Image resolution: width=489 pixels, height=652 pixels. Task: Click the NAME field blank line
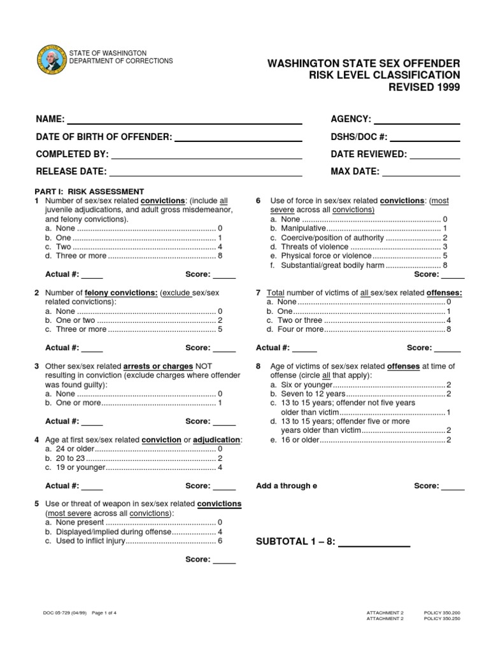pos(184,122)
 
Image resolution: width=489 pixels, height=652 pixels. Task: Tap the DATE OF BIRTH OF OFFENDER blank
pos(237,139)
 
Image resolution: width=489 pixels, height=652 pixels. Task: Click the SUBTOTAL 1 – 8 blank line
pos(373,546)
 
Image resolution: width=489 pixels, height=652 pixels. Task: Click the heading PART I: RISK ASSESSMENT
pos(89,191)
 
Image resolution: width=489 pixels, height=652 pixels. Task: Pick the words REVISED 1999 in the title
pos(424,87)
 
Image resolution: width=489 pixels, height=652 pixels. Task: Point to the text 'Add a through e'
pos(287,486)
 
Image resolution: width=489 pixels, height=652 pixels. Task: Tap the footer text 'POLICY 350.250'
pos(442,618)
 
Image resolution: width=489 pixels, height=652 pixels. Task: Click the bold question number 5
pos(37,504)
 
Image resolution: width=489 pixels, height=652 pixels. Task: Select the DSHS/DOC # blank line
pos(425,139)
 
